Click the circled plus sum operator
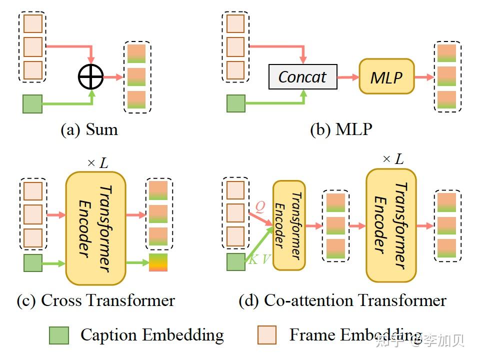click(x=90, y=76)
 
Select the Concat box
click(x=302, y=77)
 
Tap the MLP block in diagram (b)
click(x=386, y=76)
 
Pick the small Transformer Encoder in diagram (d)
click(x=288, y=225)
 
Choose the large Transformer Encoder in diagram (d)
click(x=391, y=225)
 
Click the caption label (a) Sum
click(x=89, y=129)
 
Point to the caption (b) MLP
click(x=341, y=129)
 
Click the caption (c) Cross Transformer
click(x=95, y=300)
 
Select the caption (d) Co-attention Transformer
click(x=342, y=300)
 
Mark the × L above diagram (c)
click(x=97, y=163)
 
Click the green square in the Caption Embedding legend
click(x=59, y=335)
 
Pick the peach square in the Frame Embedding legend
click(x=267, y=335)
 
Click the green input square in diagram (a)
click(x=32, y=103)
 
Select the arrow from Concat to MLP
click(x=348, y=77)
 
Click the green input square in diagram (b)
click(x=236, y=103)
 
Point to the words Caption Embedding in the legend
click(x=152, y=335)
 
